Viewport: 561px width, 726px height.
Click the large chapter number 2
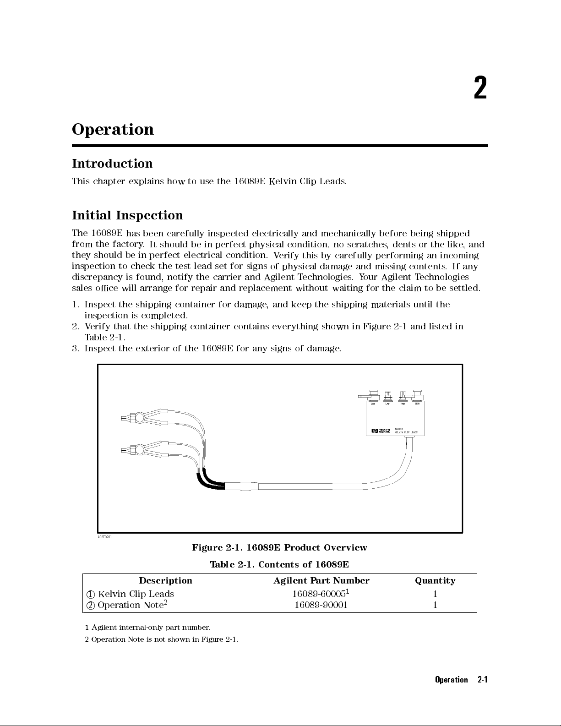[x=480, y=88]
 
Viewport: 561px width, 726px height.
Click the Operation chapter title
[x=113, y=130]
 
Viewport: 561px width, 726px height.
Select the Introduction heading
[x=112, y=164]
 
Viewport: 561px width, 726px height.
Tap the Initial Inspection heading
[x=127, y=215]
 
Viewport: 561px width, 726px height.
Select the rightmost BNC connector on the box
[x=418, y=394]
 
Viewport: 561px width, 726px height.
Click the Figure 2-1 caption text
[x=279, y=548]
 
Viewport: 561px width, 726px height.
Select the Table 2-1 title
[x=279, y=564]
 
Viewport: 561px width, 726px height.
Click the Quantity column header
[x=435, y=581]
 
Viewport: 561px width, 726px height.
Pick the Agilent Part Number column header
[x=321, y=581]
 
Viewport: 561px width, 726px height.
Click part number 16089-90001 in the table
[x=321, y=605]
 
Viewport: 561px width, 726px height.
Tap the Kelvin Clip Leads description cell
[x=136, y=594]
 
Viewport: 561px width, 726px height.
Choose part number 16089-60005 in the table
[x=319, y=594]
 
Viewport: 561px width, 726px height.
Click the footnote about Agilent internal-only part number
[x=147, y=627]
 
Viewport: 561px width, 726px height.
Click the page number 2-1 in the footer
[x=482, y=680]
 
